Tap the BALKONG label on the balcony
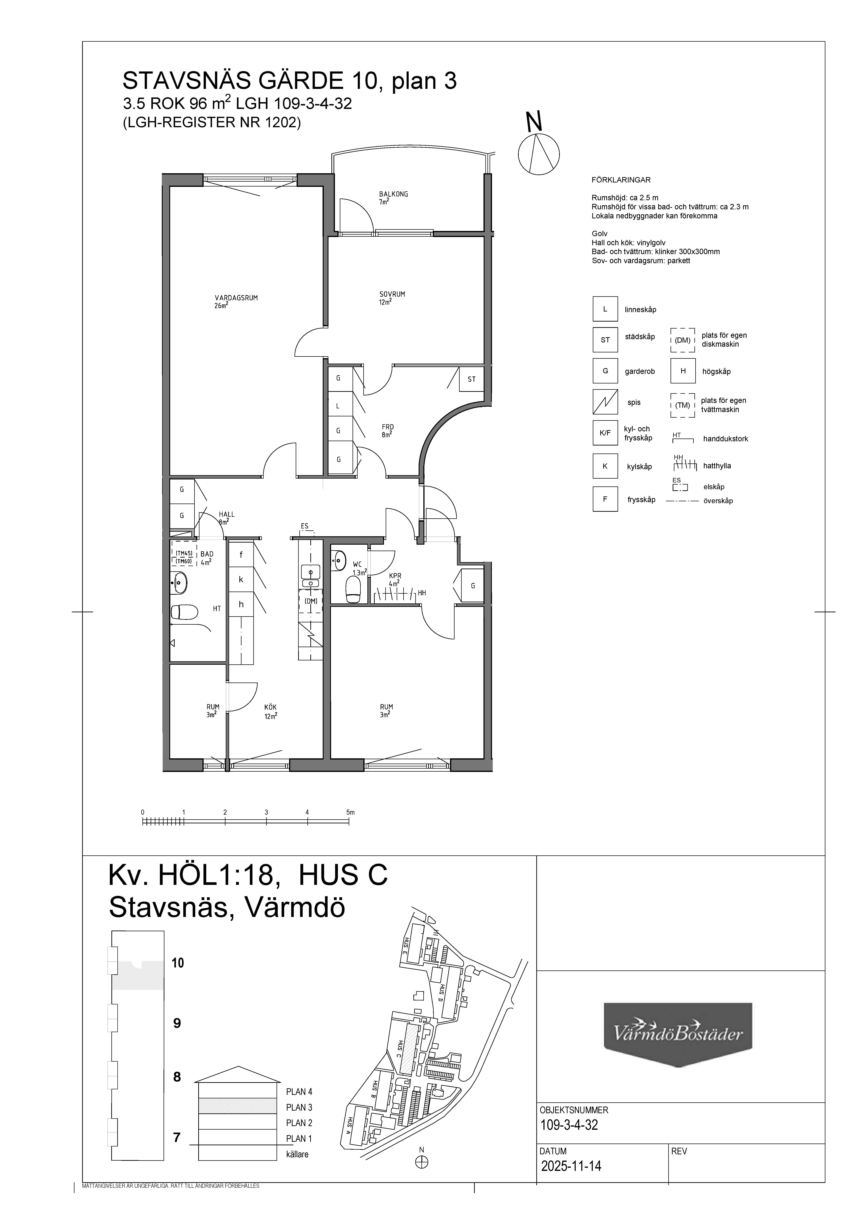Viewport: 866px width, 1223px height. pos(394,194)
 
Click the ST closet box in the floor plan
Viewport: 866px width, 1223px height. pos(471,379)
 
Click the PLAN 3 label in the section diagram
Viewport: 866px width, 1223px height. pos(299,1107)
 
